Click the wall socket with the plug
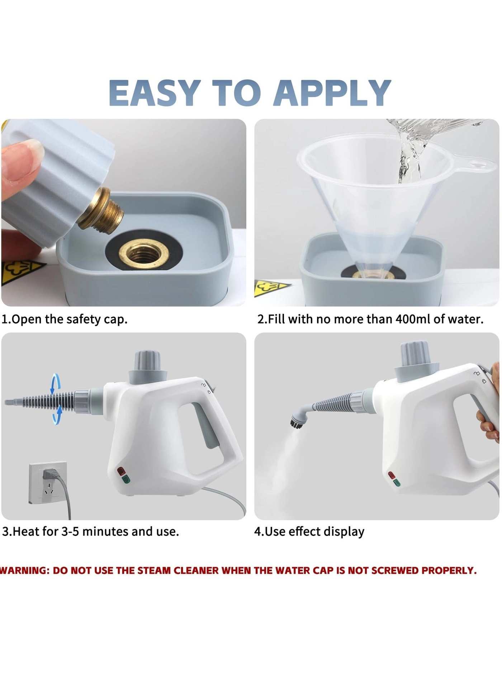[x=48, y=482]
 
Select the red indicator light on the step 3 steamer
[x=121, y=470]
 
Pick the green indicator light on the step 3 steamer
[x=126, y=479]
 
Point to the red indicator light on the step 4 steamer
[x=392, y=475]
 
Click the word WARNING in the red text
[x=24, y=570]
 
